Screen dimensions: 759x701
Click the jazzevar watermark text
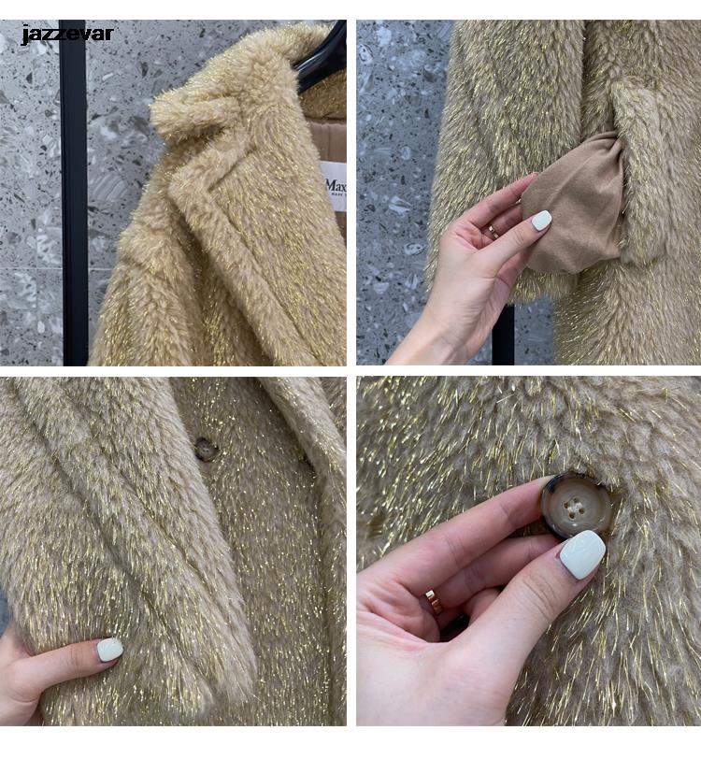66,35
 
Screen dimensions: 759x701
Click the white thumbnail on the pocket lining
541,221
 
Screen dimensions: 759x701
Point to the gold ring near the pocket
493,231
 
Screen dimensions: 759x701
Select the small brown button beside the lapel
206,450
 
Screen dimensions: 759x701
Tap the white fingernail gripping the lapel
109,649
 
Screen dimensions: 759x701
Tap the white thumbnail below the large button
581,554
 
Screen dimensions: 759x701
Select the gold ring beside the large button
435,601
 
